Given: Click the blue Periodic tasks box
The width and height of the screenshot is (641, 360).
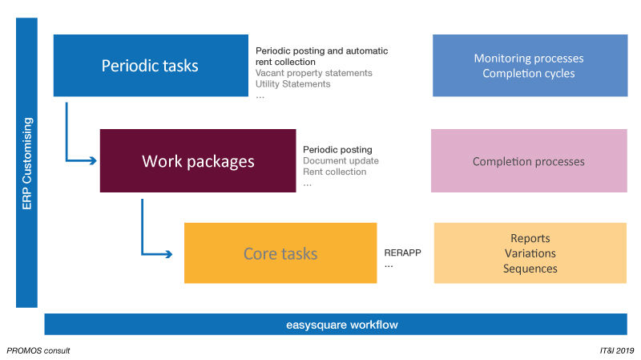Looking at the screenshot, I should pos(150,66).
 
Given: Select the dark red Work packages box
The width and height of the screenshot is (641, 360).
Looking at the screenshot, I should pos(198,161).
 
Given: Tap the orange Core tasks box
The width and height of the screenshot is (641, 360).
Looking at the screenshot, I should pos(280,253).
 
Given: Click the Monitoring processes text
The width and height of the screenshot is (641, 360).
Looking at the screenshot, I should pos(529,59).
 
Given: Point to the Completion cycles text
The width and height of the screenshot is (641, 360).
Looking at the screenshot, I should pos(529,74).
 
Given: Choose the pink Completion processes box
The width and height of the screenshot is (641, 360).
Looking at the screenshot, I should pos(529,161).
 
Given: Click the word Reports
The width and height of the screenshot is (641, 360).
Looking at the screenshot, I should pos(530,238).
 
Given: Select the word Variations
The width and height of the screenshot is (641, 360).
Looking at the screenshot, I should pos(530,253).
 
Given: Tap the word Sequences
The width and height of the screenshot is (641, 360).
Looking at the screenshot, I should pos(530,269).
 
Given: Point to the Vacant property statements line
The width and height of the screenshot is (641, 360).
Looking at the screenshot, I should pos(314,73).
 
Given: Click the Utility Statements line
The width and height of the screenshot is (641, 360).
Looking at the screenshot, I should pos(293,84).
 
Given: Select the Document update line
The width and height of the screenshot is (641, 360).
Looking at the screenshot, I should pos(341,160).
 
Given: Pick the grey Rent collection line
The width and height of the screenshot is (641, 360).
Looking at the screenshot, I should pos(335,172).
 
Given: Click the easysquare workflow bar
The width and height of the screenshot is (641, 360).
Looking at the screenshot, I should pos(336,325).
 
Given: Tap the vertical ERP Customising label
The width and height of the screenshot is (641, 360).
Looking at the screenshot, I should pos(26,164).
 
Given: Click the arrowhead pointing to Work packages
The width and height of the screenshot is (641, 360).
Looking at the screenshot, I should pos(92,160).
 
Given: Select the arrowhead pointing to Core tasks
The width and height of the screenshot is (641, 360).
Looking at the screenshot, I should pos(167,255).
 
